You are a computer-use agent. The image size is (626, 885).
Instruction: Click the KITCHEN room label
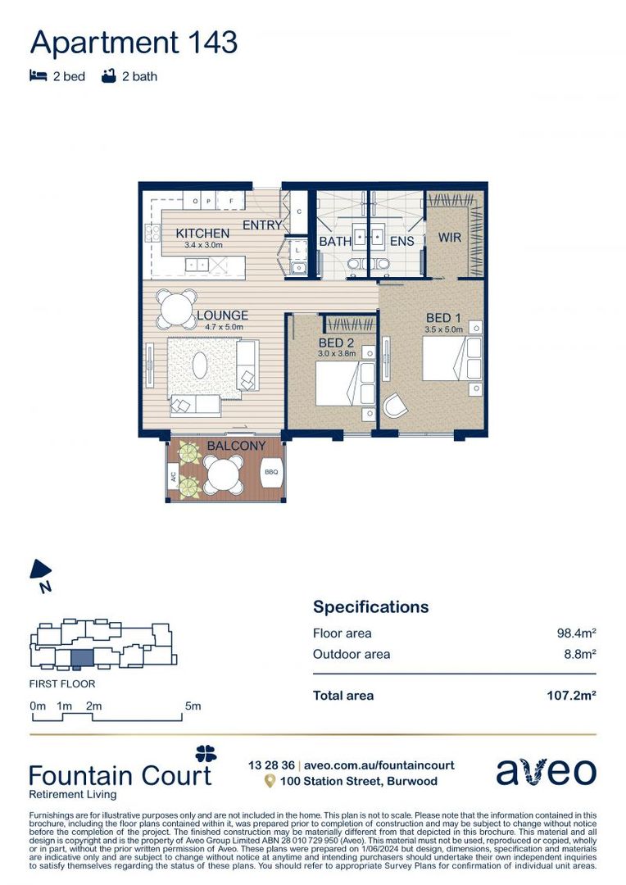click(202, 234)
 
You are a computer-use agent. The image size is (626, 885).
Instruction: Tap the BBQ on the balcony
click(270, 473)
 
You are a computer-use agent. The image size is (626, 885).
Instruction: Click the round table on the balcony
click(224, 474)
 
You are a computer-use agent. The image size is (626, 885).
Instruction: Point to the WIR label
click(450, 238)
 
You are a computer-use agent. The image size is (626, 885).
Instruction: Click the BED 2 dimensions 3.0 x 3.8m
click(338, 353)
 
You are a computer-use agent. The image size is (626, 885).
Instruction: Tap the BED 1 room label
click(444, 317)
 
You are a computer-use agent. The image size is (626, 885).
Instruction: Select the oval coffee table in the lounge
click(201, 364)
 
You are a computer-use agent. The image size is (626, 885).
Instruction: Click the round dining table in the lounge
click(178, 309)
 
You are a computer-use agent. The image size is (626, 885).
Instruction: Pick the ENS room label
click(401, 242)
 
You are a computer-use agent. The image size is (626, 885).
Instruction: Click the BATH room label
click(335, 242)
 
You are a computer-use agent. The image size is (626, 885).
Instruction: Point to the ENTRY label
click(262, 225)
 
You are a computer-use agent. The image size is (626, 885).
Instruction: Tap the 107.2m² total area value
click(570, 696)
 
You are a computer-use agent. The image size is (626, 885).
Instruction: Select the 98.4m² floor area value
click(576, 633)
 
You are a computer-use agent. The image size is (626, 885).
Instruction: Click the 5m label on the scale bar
click(193, 706)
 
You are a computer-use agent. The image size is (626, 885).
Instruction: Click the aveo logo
click(546, 771)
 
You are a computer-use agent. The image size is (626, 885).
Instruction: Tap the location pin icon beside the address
click(269, 782)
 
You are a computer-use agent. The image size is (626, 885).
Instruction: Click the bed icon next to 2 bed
click(38, 76)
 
